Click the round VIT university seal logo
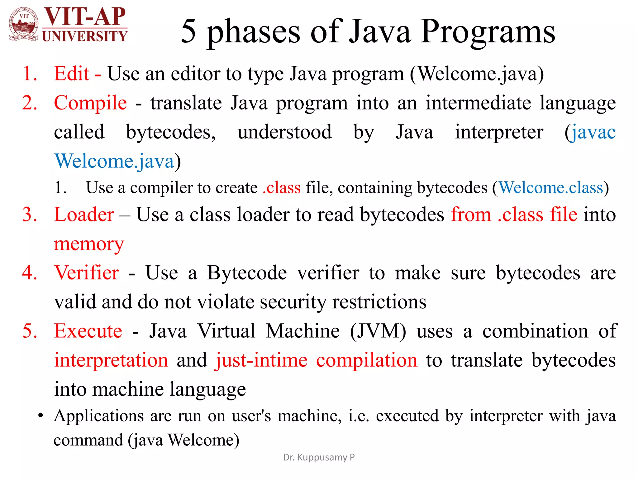tap(24, 24)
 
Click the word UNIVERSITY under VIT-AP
tap(84, 36)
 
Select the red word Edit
tap(72, 74)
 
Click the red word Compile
tap(90, 103)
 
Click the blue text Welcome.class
tap(551, 188)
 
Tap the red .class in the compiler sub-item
tap(282, 188)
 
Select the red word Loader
tap(84, 215)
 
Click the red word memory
tap(89, 244)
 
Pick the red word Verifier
tap(87, 273)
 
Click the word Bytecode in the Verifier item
tap(247, 273)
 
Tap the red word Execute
tap(88, 331)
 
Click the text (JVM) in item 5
tap(378, 331)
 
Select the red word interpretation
tap(111, 360)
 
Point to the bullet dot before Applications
tap(40, 416)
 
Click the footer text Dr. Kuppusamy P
tap(319, 457)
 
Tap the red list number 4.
tap(30, 273)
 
